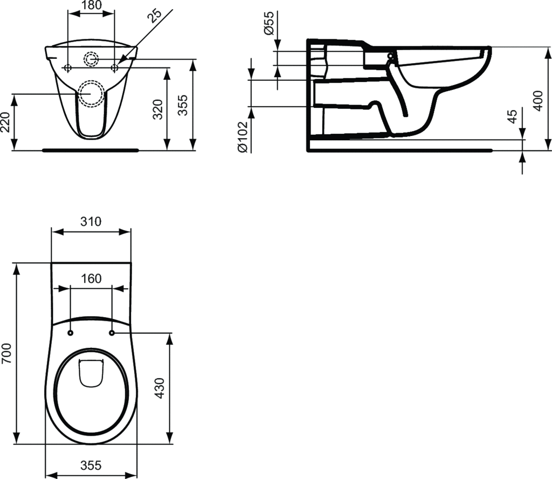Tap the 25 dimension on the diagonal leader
(x=156, y=17)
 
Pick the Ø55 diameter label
(x=270, y=24)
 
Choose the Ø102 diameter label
(x=243, y=136)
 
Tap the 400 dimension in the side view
(x=537, y=100)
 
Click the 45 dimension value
(x=513, y=117)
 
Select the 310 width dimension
(x=91, y=221)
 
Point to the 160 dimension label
(x=91, y=278)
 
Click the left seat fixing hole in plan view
(x=71, y=333)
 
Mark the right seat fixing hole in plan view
(x=112, y=333)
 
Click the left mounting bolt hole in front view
(x=67, y=67)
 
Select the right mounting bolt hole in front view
(x=114, y=67)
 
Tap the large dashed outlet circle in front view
(x=91, y=93)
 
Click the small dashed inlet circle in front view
(x=91, y=59)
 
